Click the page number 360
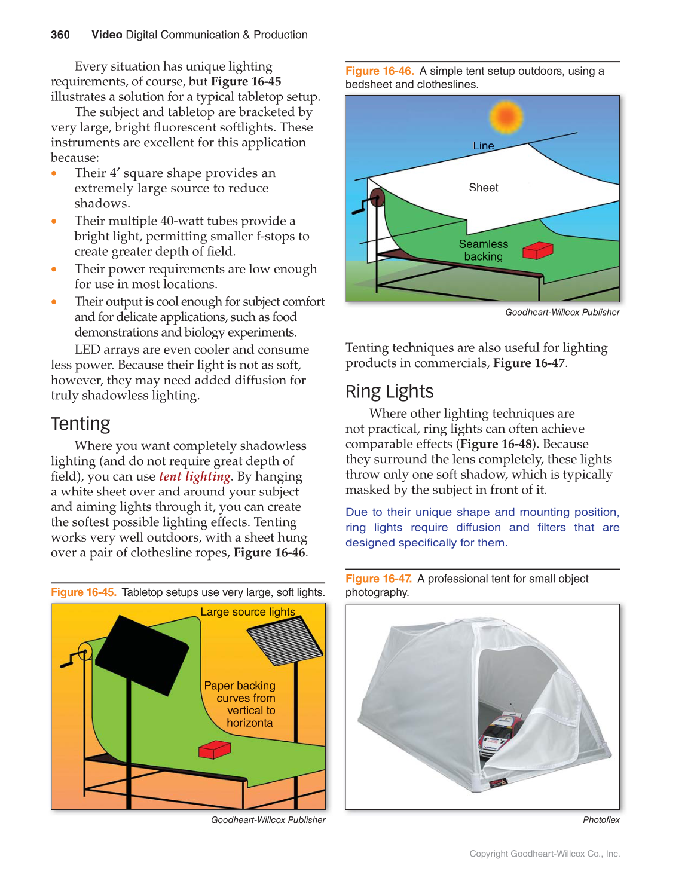[60, 35]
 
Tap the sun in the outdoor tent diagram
[506, 117]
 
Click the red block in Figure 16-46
[537, 250]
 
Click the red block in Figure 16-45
[214, 749]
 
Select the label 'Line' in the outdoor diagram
[483, 146]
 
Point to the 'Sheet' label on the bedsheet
[483, 188]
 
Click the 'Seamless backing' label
[483, 250]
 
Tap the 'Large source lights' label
[247, 612]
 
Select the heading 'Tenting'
[80, 424]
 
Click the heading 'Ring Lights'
[389, 391]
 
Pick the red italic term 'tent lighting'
[194, 476]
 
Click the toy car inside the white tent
[501, 733]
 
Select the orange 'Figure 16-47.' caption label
[378, 579]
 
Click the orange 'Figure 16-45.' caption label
[83, 592]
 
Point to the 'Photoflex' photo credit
[601, 820]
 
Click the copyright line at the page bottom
[544, 854]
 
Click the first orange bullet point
[54, 173]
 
